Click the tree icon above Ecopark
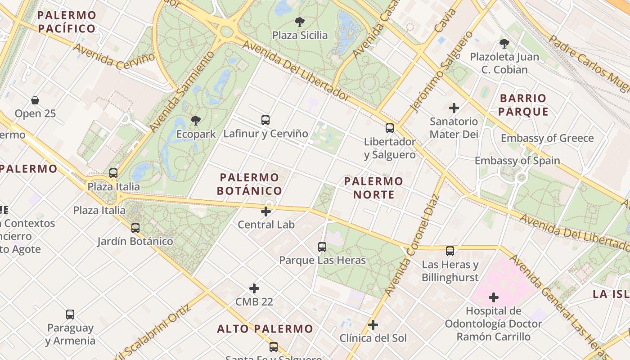click(195, 120)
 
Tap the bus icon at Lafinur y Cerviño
click(265, 120)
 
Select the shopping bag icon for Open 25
click(35, 100)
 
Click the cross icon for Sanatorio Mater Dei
click(454, 108)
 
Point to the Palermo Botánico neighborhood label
click(249, 184)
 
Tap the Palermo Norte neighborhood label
click(373, 188)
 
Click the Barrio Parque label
click(524, 105)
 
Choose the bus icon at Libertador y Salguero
click(390, 128)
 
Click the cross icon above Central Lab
click(266, 211)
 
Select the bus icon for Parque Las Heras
click(322, 247)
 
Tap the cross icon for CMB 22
click(254, 288)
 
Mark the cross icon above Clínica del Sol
click(373, 324)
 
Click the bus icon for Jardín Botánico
click(135, 228)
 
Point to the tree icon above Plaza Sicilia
click(299, 22)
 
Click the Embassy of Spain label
click(517, 161)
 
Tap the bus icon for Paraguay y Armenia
click(70, 315)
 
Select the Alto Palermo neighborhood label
click(265, 329)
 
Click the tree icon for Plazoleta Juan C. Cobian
click(504, 44)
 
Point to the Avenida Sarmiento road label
click(183, 91)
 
